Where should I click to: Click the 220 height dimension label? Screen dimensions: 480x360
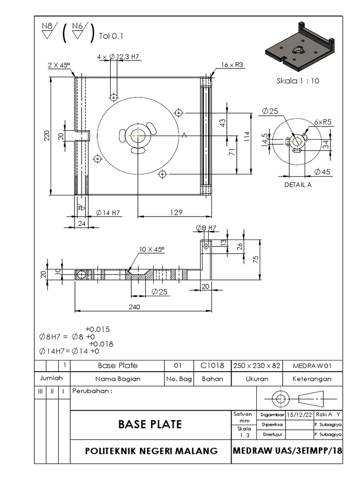tap(46, 135)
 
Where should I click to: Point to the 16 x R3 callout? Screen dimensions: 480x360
tap(231, 65)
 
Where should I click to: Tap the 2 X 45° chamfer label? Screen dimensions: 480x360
tap(59, 65)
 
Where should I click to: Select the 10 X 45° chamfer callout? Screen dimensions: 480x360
tap(151, 249)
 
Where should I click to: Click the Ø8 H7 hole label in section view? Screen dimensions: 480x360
tap(206, 228)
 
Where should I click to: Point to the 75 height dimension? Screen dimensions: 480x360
tap(256, 259)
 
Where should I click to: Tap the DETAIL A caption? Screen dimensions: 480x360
tap(298, 185)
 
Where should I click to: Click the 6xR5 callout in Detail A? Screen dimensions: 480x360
tap(323, 122)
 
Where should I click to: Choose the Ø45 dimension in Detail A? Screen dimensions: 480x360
tap(322, 172)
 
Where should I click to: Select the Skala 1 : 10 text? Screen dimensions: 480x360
tap(298, 81)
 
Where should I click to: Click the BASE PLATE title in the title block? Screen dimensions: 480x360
tap(150, 425)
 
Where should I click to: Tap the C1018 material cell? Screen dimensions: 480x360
tap(212, 366)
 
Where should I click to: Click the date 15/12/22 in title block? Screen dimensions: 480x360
tap(300, 414)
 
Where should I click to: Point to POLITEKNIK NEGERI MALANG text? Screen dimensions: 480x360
tap(151, 451)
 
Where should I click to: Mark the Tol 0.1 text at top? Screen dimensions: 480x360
tap(111, 36)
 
